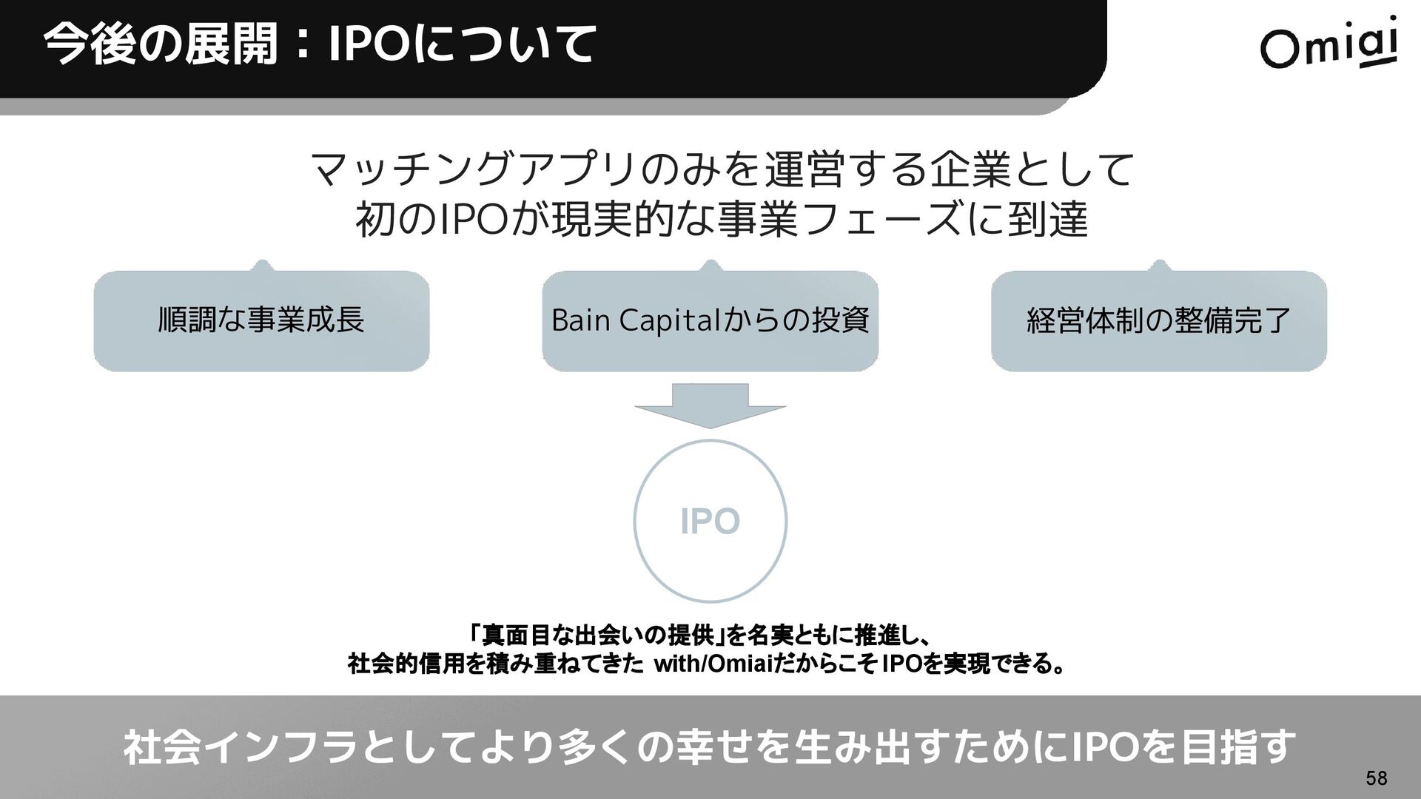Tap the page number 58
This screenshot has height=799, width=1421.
point(1377,778)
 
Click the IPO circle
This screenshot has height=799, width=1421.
point(710,522)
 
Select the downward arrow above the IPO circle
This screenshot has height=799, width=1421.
point(710,406)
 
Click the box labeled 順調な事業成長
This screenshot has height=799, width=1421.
point(261,320)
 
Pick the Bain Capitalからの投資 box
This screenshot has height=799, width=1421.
point(710,320)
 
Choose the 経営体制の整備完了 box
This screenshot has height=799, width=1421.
point(1158,320)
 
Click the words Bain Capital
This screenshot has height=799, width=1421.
point(635,320)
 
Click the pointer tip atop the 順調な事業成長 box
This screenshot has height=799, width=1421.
point(261,264)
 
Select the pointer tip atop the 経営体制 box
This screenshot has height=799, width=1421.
point(1159,264)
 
